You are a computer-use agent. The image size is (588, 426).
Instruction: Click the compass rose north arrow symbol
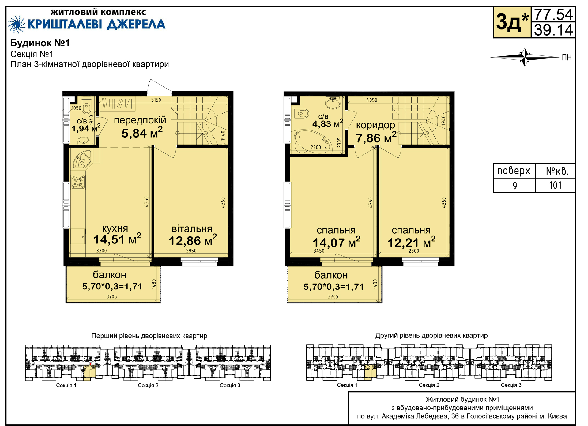[525, 57]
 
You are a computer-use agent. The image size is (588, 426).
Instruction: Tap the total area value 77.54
[553, 14]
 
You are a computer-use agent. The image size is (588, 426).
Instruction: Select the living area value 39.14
[553, 30]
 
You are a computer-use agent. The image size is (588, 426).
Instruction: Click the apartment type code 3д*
[512, 22]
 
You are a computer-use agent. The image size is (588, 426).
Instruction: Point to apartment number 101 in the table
[555, 185]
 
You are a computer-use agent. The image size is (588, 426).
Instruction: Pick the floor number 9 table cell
[514, 186]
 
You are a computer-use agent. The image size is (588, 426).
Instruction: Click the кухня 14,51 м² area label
[117, 235]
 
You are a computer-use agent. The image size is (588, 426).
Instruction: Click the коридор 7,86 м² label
[376, 132]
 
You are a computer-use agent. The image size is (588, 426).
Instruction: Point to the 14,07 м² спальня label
[336, 237]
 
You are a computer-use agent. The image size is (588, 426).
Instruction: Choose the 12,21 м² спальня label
[411, 237]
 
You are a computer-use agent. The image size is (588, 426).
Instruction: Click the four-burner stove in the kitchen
[78, 182]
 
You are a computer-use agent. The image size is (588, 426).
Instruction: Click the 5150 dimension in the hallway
[156, 100]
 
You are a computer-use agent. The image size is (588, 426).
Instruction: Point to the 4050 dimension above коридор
[372, 100]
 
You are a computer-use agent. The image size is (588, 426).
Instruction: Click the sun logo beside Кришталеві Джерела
[17, 24]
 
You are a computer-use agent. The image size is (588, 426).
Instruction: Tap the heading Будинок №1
[40, 43]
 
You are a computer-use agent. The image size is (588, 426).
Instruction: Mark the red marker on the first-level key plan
[90, 364]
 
